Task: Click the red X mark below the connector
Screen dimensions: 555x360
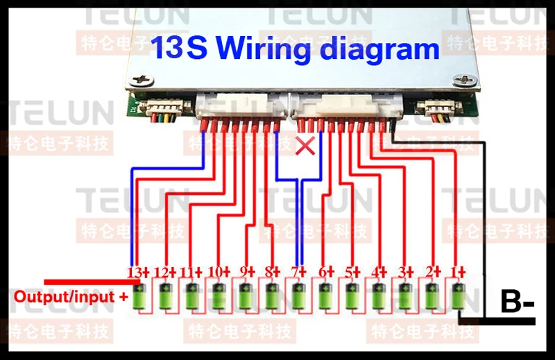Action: tap(305, 146)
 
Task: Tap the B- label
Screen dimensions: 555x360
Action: tap(517, 301)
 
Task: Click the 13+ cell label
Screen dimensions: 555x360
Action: tap(138, 273)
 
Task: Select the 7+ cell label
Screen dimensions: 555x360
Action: tap(298, 273)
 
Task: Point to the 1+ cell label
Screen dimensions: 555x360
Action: tap(458, 273)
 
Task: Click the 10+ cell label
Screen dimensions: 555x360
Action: tap(219, 272)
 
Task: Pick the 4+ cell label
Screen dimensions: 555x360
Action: tap(379, 273)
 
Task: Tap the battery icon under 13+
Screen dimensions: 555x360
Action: tap(139, 296)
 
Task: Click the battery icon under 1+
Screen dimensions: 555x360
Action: tap(459, 296)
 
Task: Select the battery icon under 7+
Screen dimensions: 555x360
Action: tap(299, 296)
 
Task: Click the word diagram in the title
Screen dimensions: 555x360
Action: tap(379, 49)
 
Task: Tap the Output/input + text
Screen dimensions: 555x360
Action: tap(71, 297)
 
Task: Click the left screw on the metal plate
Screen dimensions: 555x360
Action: tap(142, 80)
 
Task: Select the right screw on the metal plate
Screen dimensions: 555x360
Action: tap(465, 80)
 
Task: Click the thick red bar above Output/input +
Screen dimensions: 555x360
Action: tap(92, 282)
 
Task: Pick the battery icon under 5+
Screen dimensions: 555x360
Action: tap(352, 296)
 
